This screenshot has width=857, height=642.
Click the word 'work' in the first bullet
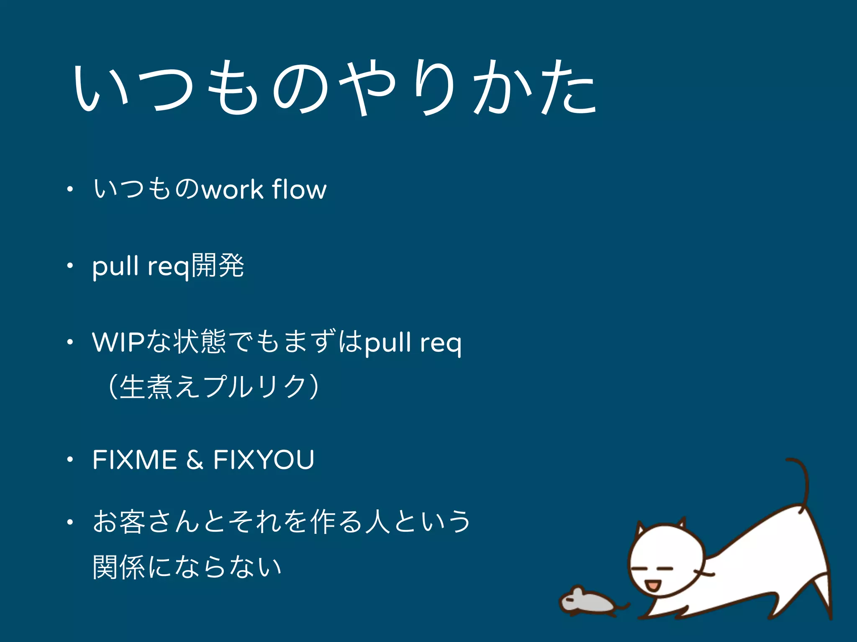tap(232, 190)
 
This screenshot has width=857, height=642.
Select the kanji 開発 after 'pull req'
tap(218, 265)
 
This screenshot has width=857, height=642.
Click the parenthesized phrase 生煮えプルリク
tap(213, 387)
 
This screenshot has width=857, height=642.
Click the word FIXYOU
tap(264, 460)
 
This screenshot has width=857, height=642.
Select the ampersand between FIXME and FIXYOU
tap(195, 460)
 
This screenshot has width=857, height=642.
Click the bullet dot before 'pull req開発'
tap(70, 265)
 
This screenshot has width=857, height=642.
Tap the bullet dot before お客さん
tap(70, 522)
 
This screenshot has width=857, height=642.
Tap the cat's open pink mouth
tap(652, 585)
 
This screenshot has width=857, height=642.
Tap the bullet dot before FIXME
tap(70, 460)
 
